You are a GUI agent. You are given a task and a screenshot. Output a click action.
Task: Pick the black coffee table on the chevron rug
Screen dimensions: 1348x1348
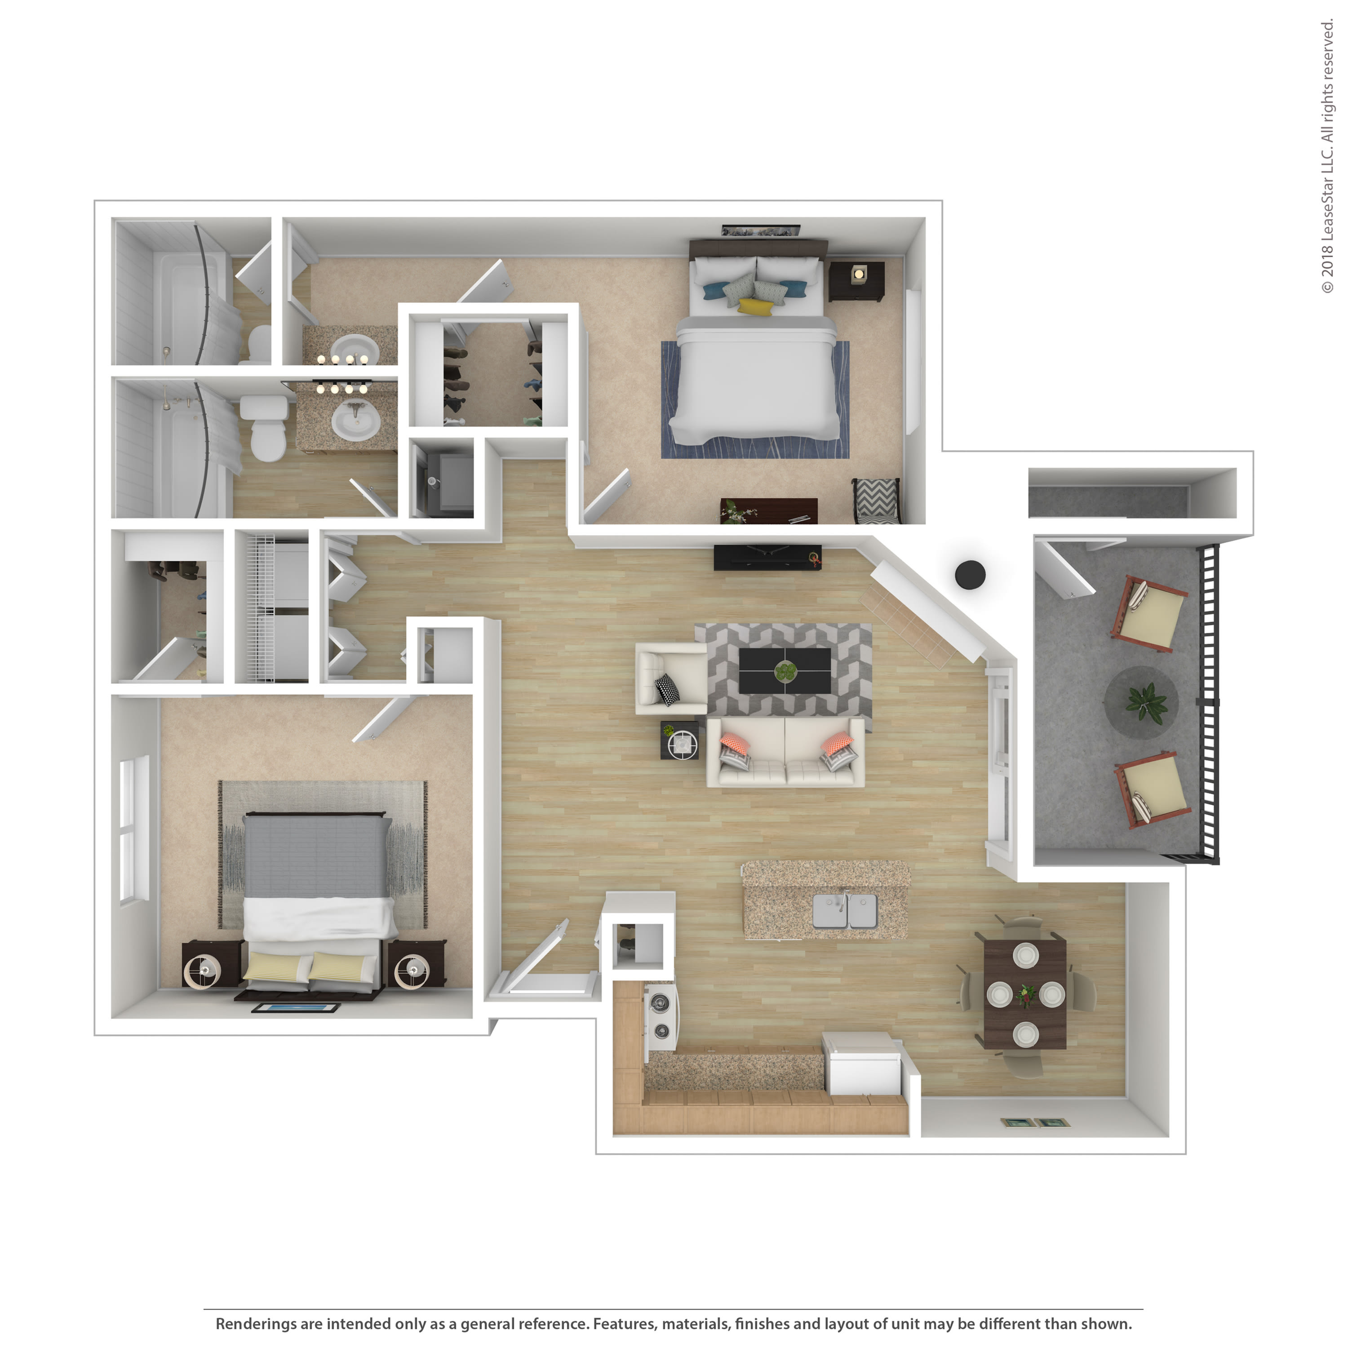(784, 670)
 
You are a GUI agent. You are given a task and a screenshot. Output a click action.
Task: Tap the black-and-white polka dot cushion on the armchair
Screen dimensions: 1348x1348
(667, 689)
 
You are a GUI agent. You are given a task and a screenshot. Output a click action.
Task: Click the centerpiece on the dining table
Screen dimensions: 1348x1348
(1026, 994)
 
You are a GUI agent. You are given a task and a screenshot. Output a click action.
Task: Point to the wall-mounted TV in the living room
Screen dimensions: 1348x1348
(767, 557)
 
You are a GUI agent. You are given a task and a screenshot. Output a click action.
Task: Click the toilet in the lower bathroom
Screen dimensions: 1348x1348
(266, 427)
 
